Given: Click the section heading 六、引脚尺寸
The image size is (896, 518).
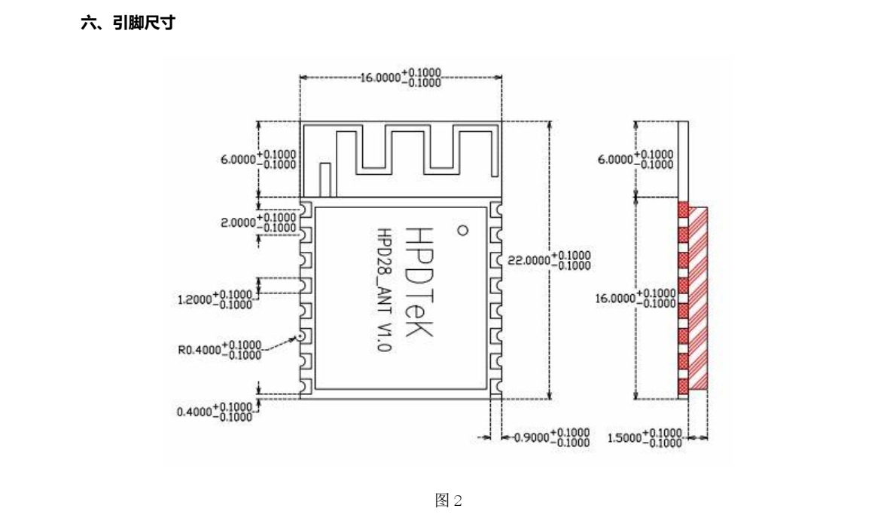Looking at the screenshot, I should pyautogui.click(x=128, y=24).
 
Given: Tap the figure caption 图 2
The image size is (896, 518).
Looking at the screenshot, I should pyautogui.click(x=447, y=501).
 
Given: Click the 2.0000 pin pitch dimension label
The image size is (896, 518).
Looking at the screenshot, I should pyautogui.click(x=258, y=222).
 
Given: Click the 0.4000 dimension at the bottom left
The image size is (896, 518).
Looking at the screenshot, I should pyautogui.click(x=215, y=412).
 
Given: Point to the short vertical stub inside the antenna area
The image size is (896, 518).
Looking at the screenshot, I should pyautogui.click(x=325, y=179).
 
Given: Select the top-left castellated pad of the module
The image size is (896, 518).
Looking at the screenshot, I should pyautogui.click(x=306, y=208).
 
